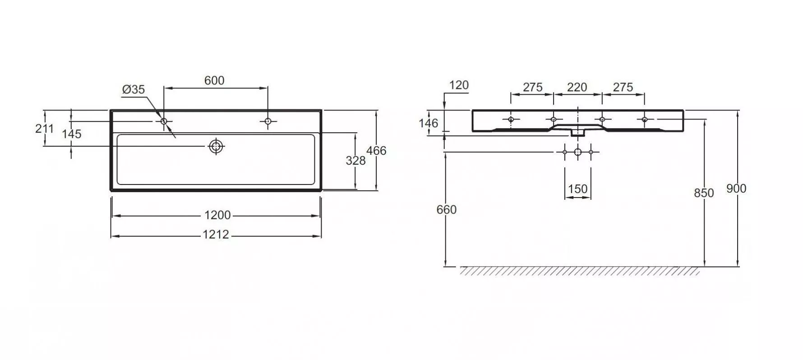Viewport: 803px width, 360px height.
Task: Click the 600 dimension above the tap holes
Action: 214,80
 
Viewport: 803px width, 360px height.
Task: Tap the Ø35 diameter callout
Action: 134,89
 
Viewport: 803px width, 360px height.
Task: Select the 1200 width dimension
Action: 217,215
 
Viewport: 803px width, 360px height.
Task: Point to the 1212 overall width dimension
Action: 216,235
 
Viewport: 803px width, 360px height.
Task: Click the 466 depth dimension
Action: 376,150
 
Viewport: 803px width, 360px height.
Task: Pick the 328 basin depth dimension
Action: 355,160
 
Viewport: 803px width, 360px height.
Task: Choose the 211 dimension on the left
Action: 44,129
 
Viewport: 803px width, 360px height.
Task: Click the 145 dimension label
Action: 72,134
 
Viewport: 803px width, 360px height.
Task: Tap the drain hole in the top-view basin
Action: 217,146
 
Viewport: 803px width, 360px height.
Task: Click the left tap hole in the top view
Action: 164,121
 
